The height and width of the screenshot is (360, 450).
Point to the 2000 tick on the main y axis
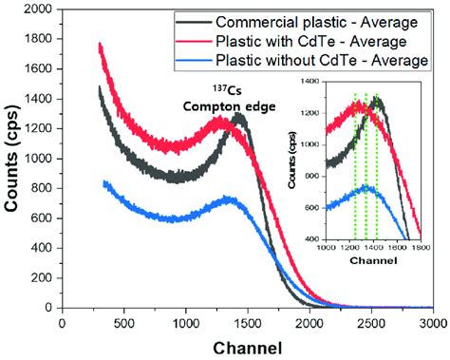[38, 11]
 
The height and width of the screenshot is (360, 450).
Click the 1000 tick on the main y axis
[38, 160]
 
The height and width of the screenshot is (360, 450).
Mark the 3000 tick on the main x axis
[432, 323]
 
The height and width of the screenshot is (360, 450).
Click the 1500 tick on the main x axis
[247, 323]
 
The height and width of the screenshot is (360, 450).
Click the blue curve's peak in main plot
[228, 199]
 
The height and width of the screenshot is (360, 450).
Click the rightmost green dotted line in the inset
[377, 166]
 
